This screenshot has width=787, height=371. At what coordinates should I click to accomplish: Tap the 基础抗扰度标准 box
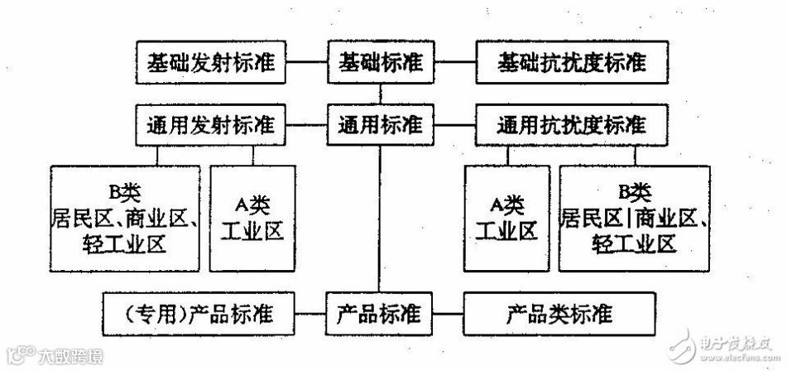573,63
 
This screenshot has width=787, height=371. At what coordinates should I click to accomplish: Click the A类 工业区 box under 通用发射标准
252,217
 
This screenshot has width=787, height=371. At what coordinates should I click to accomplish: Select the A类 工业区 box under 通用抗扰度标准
506,217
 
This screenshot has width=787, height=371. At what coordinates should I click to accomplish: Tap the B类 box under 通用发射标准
125,217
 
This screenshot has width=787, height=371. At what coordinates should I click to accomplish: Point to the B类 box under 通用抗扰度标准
634,217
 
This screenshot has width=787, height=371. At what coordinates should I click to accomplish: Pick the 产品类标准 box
559,316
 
